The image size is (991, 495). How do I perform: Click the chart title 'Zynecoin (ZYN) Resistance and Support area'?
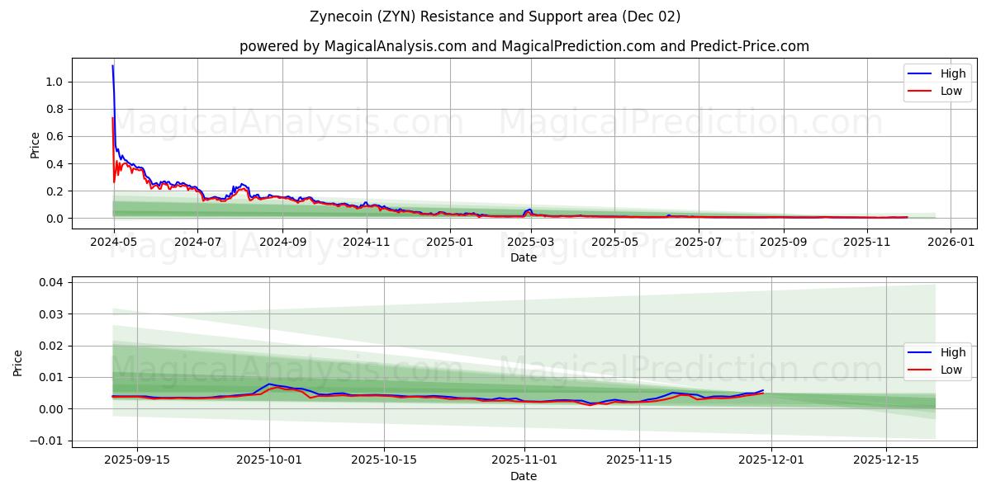(495, 16)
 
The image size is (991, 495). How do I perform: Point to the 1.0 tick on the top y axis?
(55, 82)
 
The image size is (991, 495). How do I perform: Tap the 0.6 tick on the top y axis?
(55, 136)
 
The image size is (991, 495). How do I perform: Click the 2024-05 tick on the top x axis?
(113, 242)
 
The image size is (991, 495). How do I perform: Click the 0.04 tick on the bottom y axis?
(51, 282)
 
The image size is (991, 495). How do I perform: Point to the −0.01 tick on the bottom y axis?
(48, 441)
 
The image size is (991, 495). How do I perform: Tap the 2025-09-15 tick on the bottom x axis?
(136, 460)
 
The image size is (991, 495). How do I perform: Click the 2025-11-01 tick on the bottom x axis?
(524, 460)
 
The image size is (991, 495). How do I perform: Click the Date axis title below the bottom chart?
(524, 476)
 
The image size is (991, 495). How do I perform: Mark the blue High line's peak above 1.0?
(113, 66)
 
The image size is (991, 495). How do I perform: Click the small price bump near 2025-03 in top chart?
(529, 210)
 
